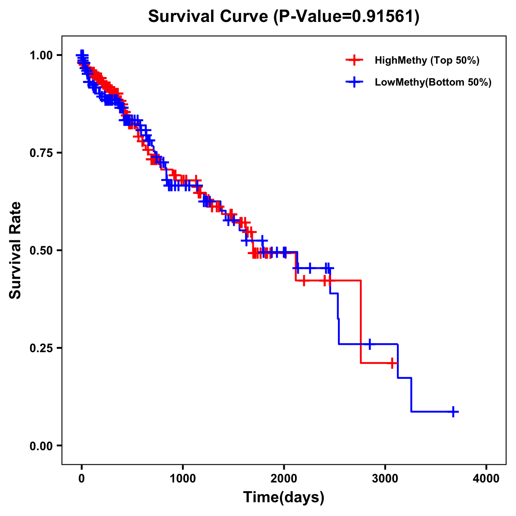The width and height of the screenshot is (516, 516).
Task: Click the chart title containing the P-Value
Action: pyautogui.click(x=284, y=16)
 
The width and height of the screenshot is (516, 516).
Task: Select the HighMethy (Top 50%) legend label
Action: pyautogui.click(x=427, y=60)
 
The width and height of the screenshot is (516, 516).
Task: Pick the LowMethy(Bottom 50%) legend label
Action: pyautogui.click(x=433, y=82)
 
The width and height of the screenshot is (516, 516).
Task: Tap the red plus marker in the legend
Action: pyautogui.click(x=354, y=60)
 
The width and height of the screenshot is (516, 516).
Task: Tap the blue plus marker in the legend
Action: pyautogui.click(x=354, y=82)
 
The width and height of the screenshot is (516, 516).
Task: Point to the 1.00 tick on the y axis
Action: pyautogui.click(x=41, y=55)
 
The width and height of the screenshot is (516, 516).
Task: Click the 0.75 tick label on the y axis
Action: pyautogui.click(x=41, y=153)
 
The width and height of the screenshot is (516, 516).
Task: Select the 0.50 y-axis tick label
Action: pyautogui.click(x=41, y=250)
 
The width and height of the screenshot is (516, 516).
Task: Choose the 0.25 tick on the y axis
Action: pyautogui.click(x=41, y=348)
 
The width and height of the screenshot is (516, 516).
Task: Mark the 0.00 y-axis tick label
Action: pyautogui.click(x=41, y=445)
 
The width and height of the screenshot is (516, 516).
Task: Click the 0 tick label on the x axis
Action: pyautogui.click(x=82, y=479)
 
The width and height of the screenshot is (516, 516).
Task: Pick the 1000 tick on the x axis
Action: pyautogui.click(x=183, y=479)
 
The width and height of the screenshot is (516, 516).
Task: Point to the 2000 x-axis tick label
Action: pyautogui.click(x=284, y=479)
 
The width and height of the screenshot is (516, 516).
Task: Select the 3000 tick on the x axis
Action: pyautogui.click(x=385, y=479)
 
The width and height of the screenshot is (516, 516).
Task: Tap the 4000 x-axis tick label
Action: pyautogui.click(x=486, y=479)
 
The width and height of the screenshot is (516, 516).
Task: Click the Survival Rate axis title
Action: pyautogui.click(x=15, y=250)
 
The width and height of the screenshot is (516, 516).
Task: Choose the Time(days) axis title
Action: pyautogui.click(x=284, y=498)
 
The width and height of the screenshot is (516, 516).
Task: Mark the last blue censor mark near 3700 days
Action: pyautogui.click(x=453, y=412)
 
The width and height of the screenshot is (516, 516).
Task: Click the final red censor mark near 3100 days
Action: pyautogui.click(x=392, y=363)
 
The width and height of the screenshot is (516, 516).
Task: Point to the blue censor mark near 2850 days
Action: pyautogui.click(x=369, y=344)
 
